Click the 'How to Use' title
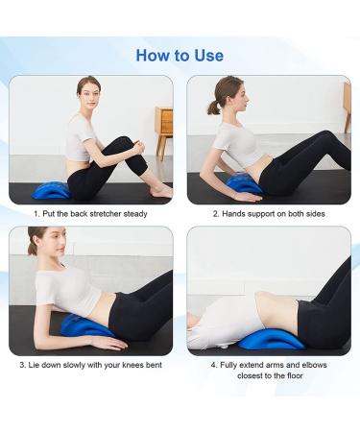coord(180,55)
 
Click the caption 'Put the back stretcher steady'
coord(90,213)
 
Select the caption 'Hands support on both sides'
coord(269,213)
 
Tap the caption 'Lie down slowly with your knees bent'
coord(90,365)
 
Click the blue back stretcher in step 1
coord(52,190)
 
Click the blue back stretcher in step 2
coord(241,182)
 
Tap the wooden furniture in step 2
coord(346,106)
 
